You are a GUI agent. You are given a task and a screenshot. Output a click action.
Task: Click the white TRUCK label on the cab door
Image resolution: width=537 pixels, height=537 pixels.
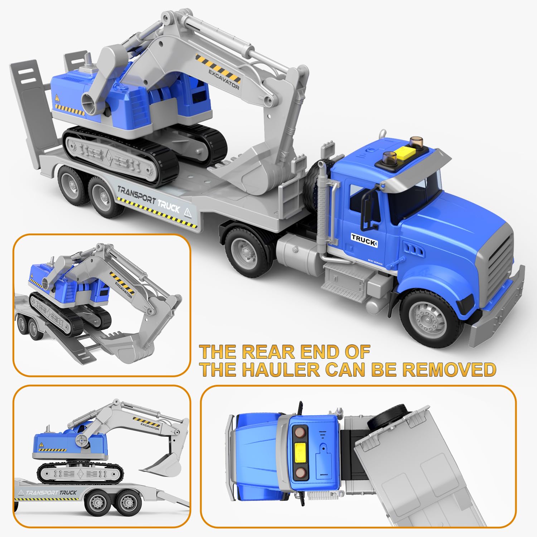click(364, 240)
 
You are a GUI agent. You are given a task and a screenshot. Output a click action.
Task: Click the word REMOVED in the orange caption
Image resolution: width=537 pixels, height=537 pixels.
click(449, 369)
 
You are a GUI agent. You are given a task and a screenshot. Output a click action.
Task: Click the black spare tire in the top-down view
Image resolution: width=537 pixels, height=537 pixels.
click(388, 417)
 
